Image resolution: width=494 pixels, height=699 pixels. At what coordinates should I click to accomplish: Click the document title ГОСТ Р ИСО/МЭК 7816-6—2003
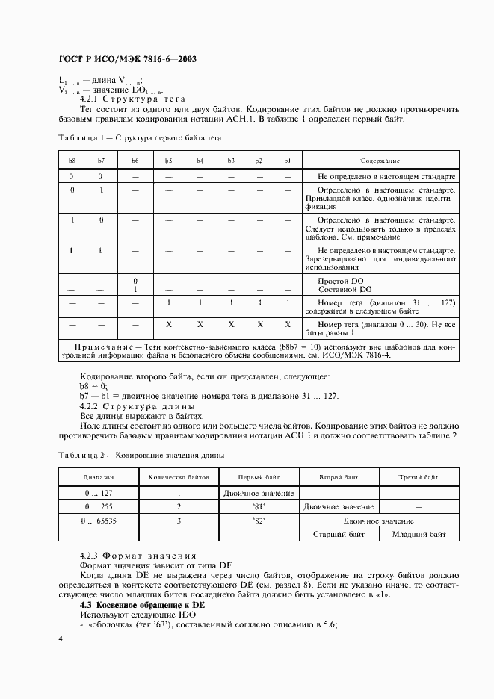pyautogui.click(x=127, y=59)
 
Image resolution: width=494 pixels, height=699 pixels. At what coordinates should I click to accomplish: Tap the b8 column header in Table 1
pyautogui.click(x=72, y=161)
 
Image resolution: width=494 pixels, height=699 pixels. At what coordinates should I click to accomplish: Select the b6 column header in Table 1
pyautogui.click(x=135, y=161)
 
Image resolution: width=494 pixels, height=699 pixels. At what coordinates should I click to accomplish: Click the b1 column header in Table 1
pyautogui.click(x=288, y=161)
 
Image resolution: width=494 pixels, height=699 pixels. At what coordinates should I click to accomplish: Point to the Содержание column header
pyautogui.click(x=380, y=161)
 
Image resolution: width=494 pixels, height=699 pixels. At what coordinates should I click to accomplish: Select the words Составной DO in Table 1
pyautogui.click(x=345, y=289)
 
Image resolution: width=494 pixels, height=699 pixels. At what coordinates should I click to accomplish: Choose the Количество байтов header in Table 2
pyautogui.click(x=179, y=476)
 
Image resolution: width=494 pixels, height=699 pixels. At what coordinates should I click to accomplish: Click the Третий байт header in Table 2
pyautogui.click(x=419, y=476)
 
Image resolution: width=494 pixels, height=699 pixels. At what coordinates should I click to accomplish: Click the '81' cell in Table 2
pyautogui.click(x=259, y=506)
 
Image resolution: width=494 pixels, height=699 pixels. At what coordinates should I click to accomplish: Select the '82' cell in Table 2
pyautogui.click(x=259, y=520)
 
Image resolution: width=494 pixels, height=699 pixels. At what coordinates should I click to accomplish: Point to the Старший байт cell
pyautogui.click(x=339, y=534)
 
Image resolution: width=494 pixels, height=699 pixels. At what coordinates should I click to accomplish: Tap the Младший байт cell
pyautogui.click(x=419, y=534)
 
